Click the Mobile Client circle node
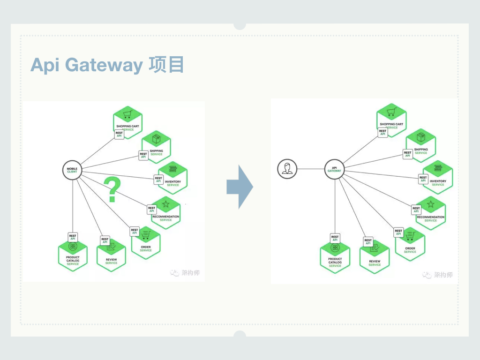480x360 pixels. click(x=72, y=170)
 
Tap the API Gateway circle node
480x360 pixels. click(x=335, y=169)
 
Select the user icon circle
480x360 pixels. click(x=286, y=169)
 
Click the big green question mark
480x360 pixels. click(x=112, y=189)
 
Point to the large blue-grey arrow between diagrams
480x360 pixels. click(x=240, y=187)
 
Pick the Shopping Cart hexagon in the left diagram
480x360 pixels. click(x=127, y=122)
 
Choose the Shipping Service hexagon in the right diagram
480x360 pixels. click(x=420, y=145)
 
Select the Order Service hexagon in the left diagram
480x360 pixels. click(x=146, y=242)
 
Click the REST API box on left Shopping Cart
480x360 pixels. click(x=119, y=135)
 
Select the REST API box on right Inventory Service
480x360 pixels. click(x=423, y=179)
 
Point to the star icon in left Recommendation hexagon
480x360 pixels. click(x=165, y=204)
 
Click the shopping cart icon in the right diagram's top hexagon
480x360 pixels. click(x=391, y=113)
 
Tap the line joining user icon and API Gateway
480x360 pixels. click(x=311, y=169)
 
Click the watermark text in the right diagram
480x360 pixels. click(x=443, y=275)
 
